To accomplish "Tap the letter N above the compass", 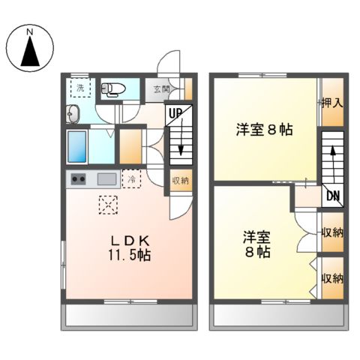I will (x=30, y=32).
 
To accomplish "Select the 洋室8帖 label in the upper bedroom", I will (x=264, y=130).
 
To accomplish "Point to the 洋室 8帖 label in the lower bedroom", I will (x=256, y=244).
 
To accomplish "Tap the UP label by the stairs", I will (x=175, y=114).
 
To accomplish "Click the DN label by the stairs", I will (x=331, y=196).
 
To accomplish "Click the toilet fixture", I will (x=113, y=89).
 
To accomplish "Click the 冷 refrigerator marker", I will (x=131, y=179).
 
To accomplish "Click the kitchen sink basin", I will (x=106, y=179).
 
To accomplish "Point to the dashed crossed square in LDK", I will (x=109, y=204).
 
